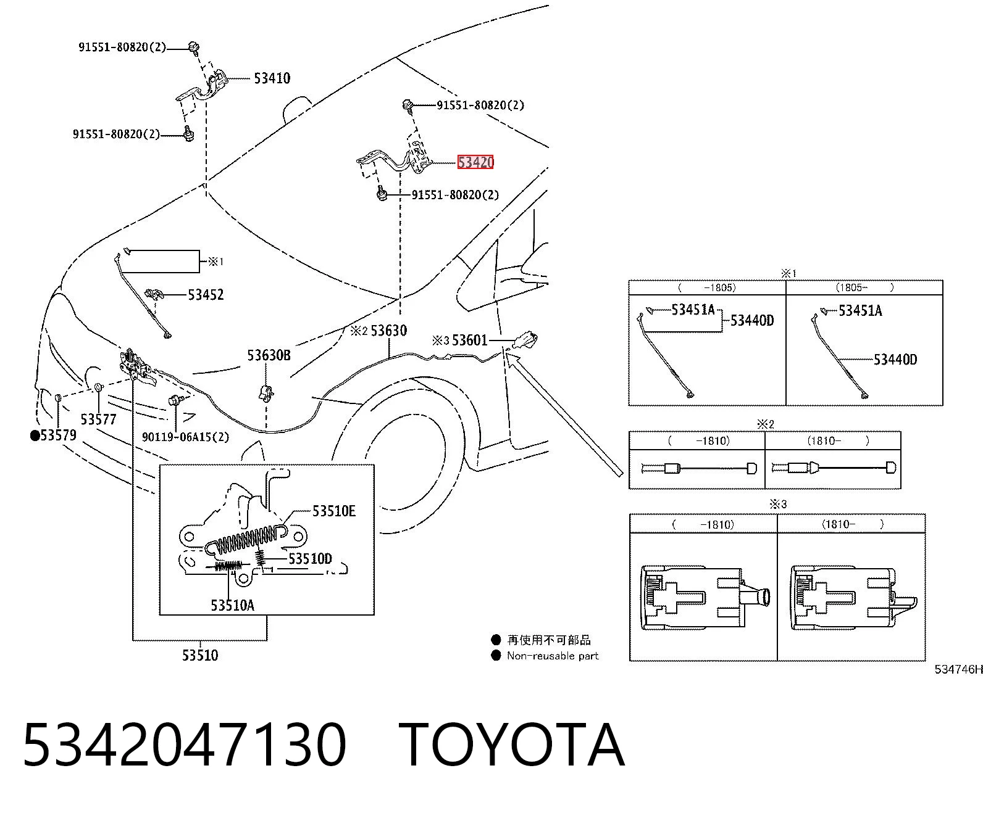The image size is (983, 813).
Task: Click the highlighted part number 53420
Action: pos(475,162)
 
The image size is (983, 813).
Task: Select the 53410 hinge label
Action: pos(272,78)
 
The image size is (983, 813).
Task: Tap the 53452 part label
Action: pos(206,295)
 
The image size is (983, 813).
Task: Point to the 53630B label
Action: pos(269,355)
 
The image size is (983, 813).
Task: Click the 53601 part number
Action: pos(469,340)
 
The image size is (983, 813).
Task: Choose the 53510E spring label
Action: pos(334,511)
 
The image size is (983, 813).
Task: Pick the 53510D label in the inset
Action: pos(310,558)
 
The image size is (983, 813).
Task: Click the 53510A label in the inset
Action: pos(233,605)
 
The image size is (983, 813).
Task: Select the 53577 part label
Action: pos(98,419)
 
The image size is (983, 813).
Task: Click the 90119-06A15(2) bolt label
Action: pos(185,437)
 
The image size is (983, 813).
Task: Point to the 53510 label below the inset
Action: pos(200,655)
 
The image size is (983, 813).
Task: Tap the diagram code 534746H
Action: pos(958,669)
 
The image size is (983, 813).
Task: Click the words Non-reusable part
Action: pos(553,656)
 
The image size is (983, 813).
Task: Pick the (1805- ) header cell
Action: pos(864,287)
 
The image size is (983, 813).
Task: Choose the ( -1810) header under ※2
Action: pos(697,441)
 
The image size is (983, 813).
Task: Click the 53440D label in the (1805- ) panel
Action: pos(895,360)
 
